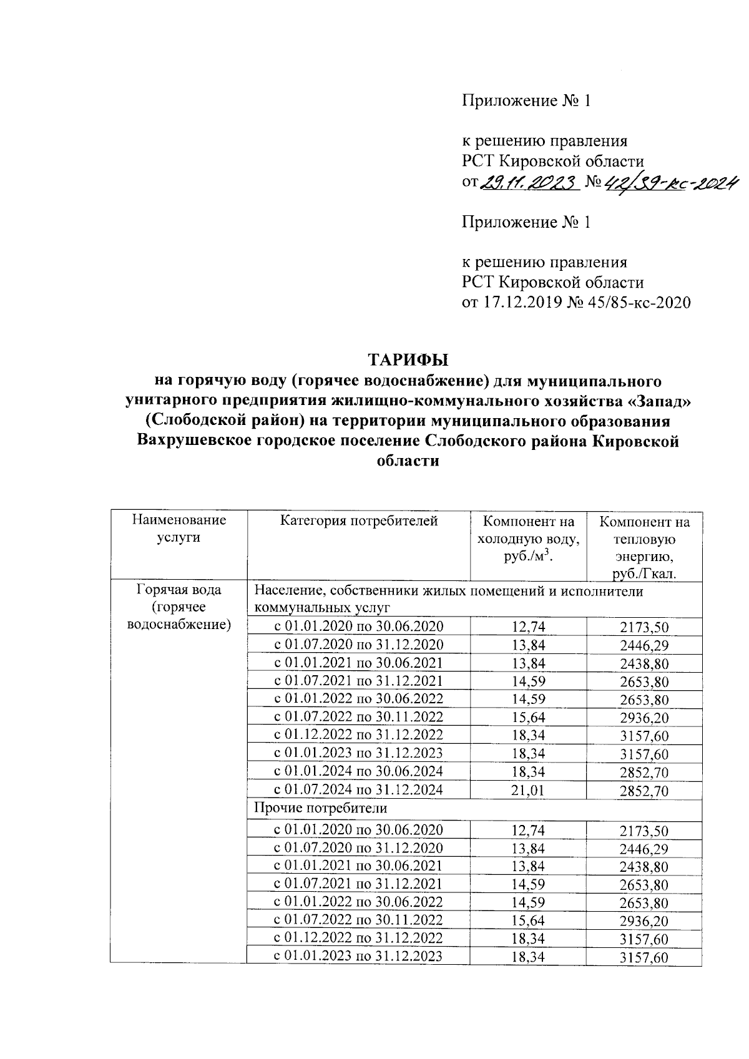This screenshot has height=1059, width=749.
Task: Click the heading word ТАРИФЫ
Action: click(x=408, y=361)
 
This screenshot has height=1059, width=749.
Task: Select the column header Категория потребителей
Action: click(x=358, y=520)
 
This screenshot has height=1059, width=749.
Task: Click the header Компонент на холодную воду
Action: click(x=528, y=539)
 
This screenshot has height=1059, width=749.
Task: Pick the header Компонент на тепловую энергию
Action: click(x=644, y=547)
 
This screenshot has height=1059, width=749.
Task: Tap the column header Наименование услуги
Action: click(x=179, y=528)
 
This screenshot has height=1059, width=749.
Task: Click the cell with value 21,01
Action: click(x=528, y=790)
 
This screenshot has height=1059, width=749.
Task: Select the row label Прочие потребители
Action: click(x=320, y=808)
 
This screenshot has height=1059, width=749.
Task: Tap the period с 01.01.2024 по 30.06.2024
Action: click(x=358, y=771)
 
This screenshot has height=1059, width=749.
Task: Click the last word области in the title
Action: click(x=408, y=462)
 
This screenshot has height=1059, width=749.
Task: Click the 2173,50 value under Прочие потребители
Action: click(x=644, y=831)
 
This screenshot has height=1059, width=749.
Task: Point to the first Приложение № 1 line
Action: click(x=526, y=101)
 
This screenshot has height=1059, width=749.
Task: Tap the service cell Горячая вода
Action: click(x=179, y=590)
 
